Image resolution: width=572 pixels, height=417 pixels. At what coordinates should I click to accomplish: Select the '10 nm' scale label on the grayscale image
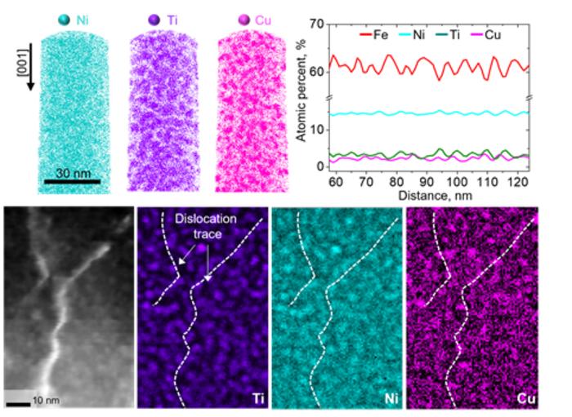point(45,400)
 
